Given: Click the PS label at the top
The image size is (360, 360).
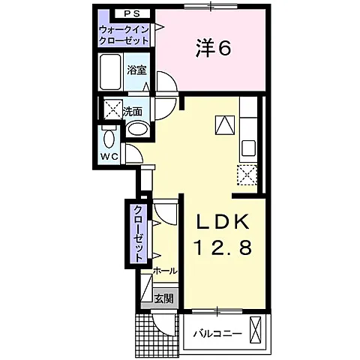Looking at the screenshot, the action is click(x=132, y=14).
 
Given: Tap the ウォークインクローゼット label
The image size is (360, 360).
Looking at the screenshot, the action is click(x=124, y=35).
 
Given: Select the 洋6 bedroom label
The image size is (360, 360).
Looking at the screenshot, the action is click(x=213, y=48).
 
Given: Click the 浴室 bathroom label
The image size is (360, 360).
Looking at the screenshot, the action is click(x=136, y=70).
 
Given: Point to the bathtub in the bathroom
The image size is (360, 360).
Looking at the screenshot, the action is click(x=112, y=73).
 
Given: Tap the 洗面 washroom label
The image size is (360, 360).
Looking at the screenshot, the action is click(x=133, y=112).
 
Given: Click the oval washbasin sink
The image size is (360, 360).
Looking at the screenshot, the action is click(x=138, y=129).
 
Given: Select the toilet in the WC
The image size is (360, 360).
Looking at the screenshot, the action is click(x=109, y=136).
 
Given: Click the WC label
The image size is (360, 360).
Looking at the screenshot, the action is click(x=109, y=157).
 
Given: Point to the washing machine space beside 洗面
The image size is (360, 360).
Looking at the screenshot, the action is click(x=113, y=109).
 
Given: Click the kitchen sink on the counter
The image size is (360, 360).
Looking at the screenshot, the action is click(x=248, y=148).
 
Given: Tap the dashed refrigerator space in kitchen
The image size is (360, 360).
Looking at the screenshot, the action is click(x=247, y=175).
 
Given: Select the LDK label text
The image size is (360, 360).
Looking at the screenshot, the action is click(x=223, y=222).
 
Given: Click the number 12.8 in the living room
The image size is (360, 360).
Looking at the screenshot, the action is click(x=223, y=247).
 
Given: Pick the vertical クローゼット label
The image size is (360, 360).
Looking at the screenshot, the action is click(x=138, y=233).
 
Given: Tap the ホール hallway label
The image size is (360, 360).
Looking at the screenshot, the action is click(x=165, y=271).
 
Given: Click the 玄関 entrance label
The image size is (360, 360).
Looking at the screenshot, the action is click(x=163, y=298).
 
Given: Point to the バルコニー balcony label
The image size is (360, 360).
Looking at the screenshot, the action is click(x=217, y=333).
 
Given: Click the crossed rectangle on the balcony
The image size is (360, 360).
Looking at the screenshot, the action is click(x=255, y=329).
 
